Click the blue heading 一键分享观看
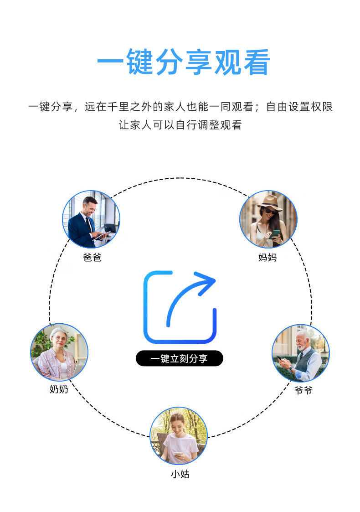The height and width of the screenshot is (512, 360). coord(183,62)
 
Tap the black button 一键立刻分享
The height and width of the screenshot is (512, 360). coord(179,358)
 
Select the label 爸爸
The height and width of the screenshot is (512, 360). coord(92,258)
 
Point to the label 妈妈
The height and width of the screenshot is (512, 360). coord(267,258)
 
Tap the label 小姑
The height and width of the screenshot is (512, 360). coord(180,474)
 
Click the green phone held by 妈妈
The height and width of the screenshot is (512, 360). coord(275,233)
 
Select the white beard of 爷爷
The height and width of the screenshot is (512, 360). coord(301,347)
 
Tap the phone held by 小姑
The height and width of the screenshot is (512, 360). coord(177,454)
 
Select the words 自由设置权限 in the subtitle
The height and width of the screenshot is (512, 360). coord(299,107)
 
